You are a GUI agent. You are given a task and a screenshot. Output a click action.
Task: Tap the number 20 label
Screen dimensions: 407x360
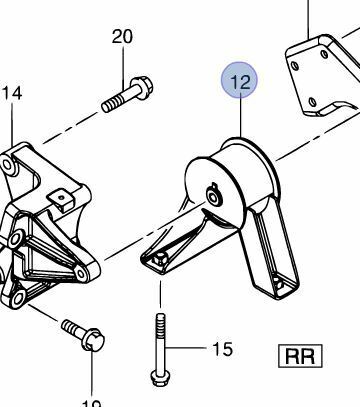tap(122, 37)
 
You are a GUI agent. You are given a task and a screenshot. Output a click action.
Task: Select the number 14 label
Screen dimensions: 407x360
tap(11, 95)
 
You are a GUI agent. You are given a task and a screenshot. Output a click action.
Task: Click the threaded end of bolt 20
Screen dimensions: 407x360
tap(106, 103)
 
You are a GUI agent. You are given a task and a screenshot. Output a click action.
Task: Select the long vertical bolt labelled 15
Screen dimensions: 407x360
tap(160, 341)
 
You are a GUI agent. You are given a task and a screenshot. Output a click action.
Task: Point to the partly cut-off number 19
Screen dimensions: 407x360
tap(92, 402)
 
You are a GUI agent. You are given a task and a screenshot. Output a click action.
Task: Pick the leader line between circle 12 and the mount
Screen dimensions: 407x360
tap(239, 120)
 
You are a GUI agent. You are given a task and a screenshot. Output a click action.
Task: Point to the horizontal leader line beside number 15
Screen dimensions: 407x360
tap(188, 349)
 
